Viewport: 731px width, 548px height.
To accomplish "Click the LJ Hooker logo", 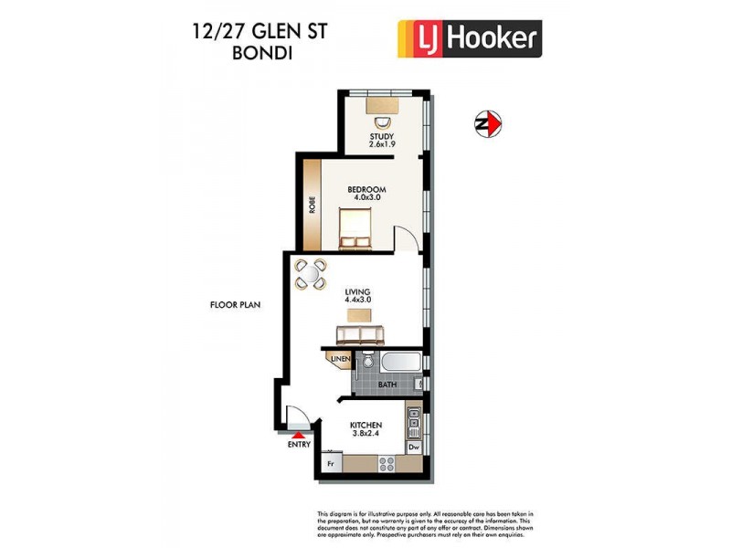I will pyautogui.click(x=470, y=39).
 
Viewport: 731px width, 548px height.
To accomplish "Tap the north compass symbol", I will pyautogui.click(x=487, y=123).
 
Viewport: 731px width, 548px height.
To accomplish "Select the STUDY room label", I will pyautogui.click(x=382, y=141).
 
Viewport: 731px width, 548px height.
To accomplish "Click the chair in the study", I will pyautogui.click(x=382, y=121).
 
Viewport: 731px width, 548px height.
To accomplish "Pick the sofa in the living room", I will pyautogui.click(x=360, y=333).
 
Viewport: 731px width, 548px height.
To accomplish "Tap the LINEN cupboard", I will pyautogui.click(x=339, y=361).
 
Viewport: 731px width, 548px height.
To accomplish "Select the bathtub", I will pyautogui.click(x=398, y=361).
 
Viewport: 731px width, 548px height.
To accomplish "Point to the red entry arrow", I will pyautogui.click(x=297, y=435).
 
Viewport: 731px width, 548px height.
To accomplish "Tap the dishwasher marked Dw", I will pyautogui.click(x=413, y=447).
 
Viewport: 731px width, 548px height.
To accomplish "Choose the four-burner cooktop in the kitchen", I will pyautogui.click(x=387, y=463).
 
